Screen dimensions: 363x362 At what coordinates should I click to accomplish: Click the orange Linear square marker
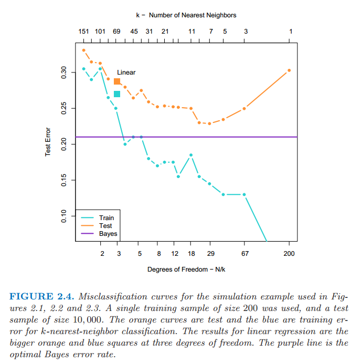click(x=117, y=81)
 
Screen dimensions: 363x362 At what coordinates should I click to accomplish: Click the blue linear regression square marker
click(x=117, y=94)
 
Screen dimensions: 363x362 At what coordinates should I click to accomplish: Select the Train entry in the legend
click(x=107, y=218)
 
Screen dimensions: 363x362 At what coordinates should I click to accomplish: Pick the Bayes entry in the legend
click(x=108, y=234)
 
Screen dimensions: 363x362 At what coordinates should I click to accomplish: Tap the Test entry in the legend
click(x=106, y=226)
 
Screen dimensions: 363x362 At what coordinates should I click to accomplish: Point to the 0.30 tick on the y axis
click(x=63, y=72)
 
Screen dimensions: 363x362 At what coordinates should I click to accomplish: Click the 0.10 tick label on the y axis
click(x=63, y=216)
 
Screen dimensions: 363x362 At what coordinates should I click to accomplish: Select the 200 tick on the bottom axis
click(x=289, y=254)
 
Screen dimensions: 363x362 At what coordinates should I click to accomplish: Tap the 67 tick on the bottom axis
click(x=244, y=254)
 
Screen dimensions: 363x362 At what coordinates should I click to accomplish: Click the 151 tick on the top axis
click(x=83, y=32)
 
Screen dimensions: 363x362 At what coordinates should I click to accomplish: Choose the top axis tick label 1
click(x=291, y=32)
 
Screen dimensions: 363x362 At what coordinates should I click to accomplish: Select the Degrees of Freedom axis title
click(x=184, y=269)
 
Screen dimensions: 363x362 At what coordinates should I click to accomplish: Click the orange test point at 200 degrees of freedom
click(x=289, y=70)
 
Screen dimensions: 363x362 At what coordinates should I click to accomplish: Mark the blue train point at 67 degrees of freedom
click(x=244, y=194)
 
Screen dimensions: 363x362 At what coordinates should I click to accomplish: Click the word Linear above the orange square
click(x=126, y=72)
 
